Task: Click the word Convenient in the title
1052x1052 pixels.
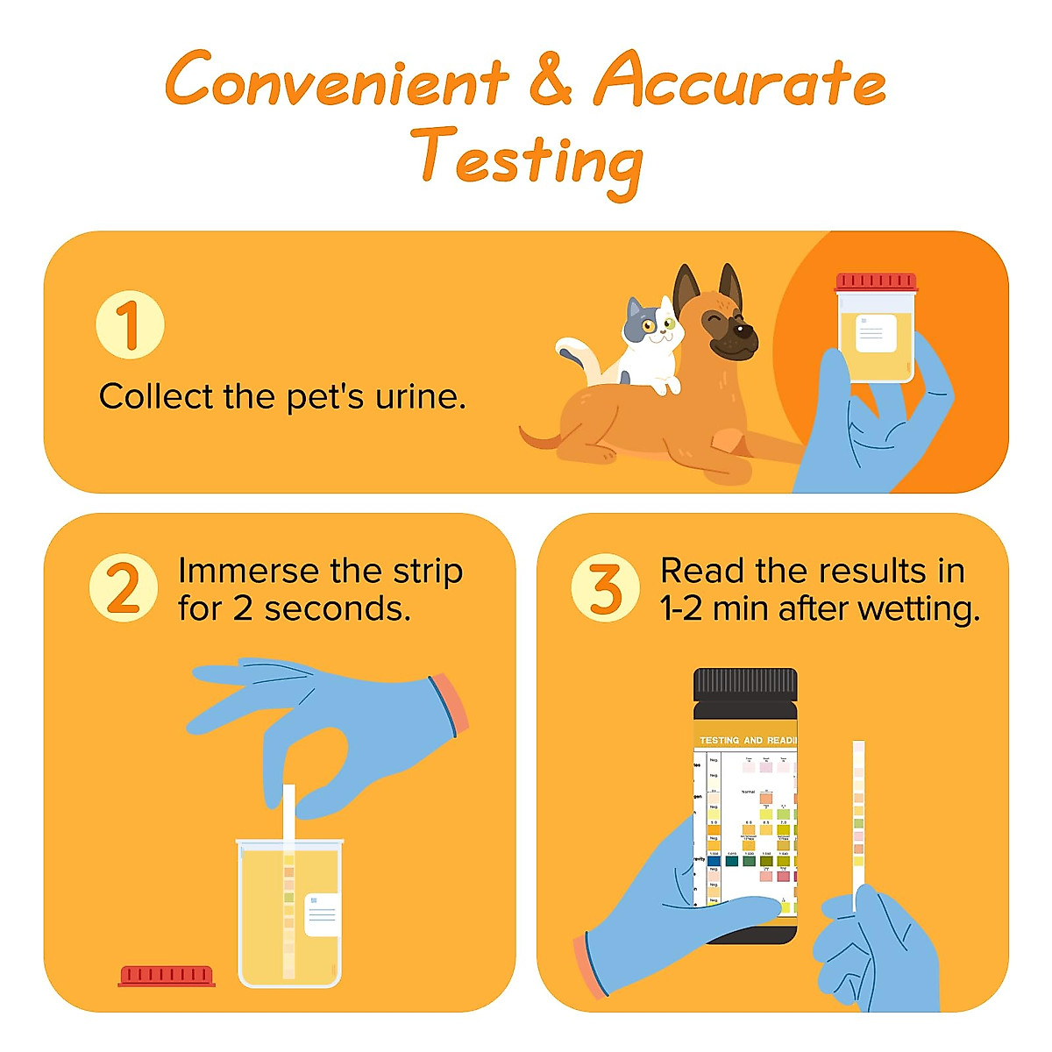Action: point(337,82)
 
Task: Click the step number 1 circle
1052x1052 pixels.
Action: point(130,324)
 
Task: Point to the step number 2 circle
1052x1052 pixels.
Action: point(124,588)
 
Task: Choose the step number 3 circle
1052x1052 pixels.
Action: point(606,588)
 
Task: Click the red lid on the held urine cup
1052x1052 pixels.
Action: point(876,282)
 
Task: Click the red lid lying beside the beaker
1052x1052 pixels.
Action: point(167,976)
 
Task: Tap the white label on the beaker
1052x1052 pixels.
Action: point(322,914)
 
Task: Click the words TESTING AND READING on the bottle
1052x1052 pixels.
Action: point(748,741)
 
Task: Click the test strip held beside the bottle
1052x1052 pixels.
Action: point(859,815)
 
